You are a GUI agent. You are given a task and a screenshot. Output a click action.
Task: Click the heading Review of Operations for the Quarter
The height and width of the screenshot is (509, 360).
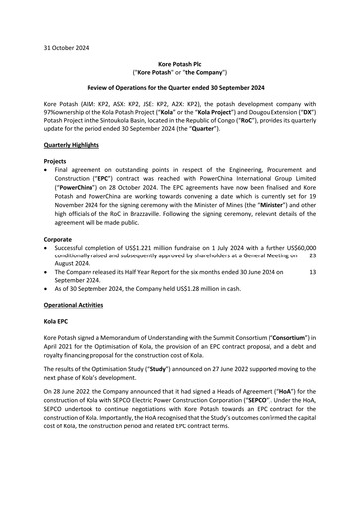pyautogui.click(x=179, y=89)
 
